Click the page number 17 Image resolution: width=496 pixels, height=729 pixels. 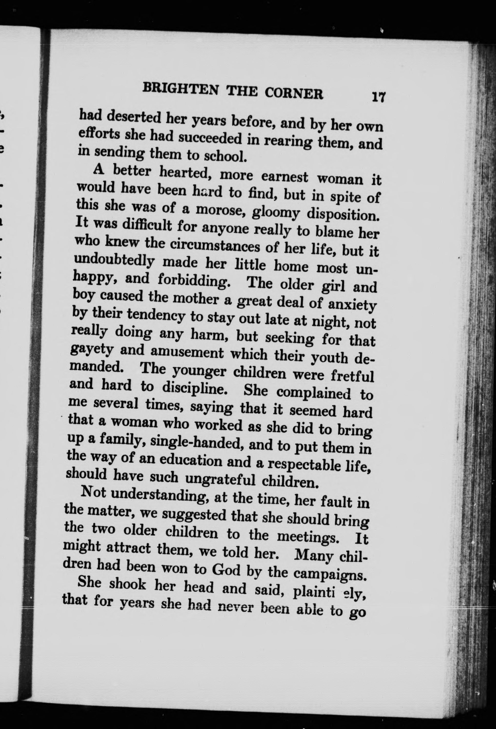pyautogui.click(x=378, y=97)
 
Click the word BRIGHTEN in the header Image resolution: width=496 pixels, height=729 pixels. pyautogui.click(x=180, y=89)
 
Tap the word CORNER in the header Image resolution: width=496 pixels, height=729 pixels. pyautogui.click(x=293, y=93)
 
